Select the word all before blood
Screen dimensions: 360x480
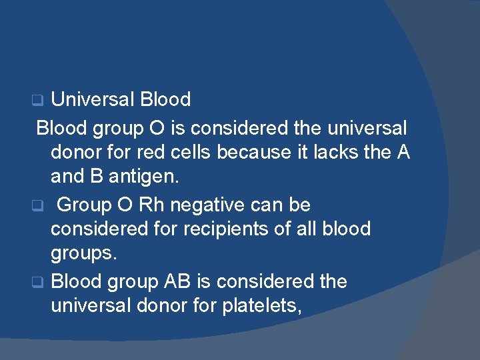(x=306, y=229)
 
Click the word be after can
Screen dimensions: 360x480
(x=301, y=204)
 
